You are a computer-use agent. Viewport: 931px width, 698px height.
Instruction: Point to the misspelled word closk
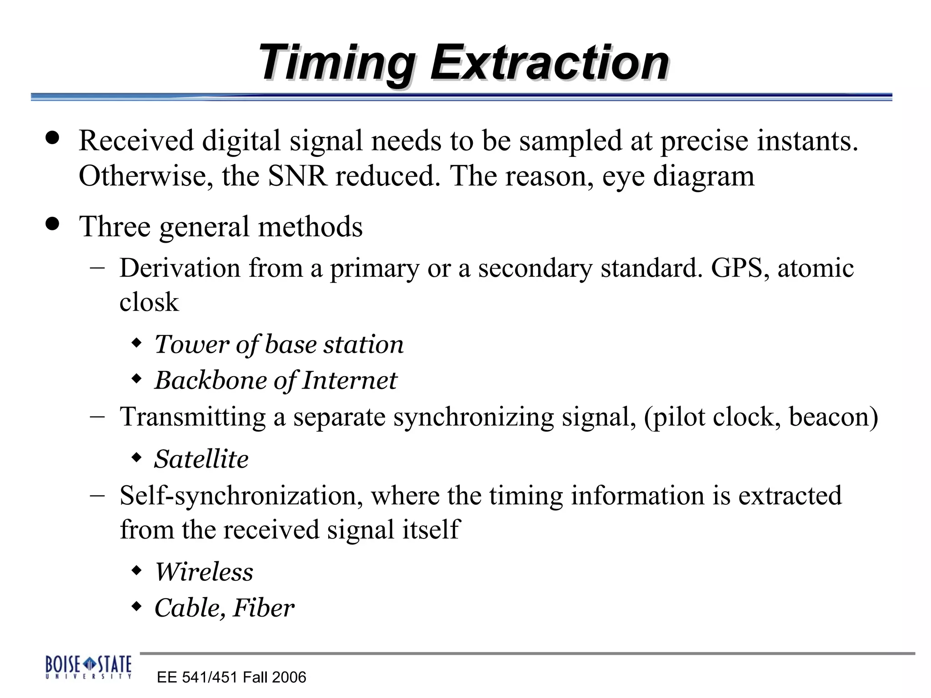(149, 302)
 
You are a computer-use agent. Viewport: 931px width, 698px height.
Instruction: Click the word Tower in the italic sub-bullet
(191, 344)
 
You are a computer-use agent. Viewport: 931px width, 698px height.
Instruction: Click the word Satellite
(201, 459)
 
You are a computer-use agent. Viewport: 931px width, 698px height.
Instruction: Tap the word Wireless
(204, 572)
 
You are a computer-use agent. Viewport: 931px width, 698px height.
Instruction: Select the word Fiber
(263, 608)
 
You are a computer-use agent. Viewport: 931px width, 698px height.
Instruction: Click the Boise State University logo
(88, 667)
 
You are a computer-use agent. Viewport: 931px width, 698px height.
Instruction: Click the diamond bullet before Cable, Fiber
(136, 606)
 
